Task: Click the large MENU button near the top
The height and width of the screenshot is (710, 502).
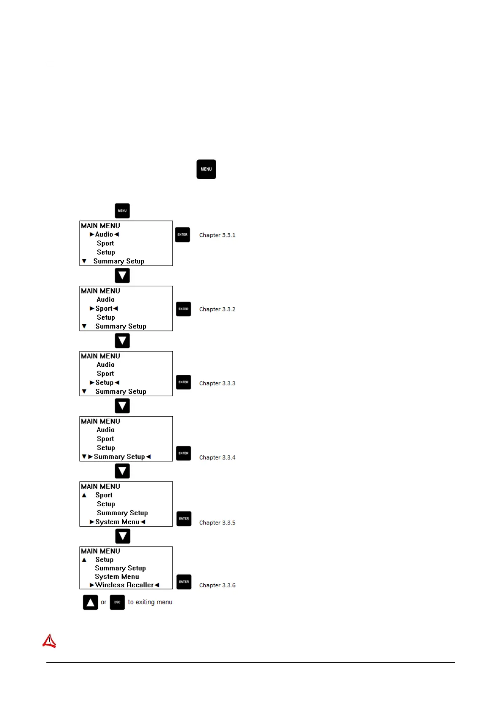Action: point(206,169)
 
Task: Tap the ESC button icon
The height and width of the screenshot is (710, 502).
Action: point(117,602)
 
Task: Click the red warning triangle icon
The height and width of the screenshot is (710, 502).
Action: point(49,641)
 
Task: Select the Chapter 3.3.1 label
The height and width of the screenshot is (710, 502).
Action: point(217,235)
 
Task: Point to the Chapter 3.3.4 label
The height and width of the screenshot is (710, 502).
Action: point(217,457)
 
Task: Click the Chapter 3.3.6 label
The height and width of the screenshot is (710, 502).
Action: point(217,585)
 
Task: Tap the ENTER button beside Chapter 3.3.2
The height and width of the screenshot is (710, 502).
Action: point(183,309)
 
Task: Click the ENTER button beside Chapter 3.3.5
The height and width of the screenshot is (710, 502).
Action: point(184,519)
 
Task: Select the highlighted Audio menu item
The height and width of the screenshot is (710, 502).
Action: point(104,234)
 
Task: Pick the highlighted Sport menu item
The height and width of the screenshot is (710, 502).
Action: point(104,309)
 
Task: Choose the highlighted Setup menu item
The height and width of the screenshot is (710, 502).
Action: point(105,383)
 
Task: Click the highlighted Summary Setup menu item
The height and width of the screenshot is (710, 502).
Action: point(119,457)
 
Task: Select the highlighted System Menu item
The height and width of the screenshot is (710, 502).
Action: point(117,522)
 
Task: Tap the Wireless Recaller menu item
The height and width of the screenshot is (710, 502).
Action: point(124,585)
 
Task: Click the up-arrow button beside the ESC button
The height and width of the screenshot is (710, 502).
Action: point(90,602)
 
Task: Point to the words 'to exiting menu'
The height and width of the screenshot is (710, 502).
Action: point(150,602)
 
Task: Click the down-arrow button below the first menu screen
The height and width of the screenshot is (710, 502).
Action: point(122,276)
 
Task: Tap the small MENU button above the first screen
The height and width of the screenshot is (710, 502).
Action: point(122,211)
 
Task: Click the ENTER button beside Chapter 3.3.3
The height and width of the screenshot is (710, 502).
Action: point(183,382)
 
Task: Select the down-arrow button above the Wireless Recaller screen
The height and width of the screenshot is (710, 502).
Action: point(123,536)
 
